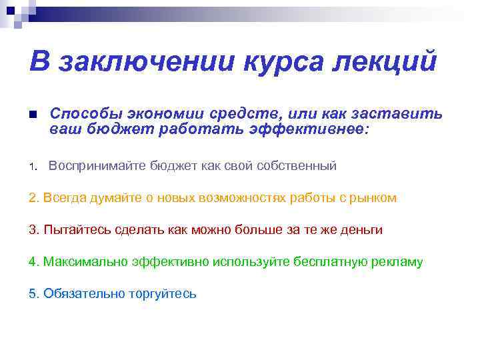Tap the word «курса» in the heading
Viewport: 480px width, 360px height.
click(x=275, y=61)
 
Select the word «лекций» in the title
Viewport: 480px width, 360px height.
click(x=383, y=61)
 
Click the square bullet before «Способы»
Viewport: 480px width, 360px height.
click(x=33, y=115)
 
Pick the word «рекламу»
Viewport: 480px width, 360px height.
click(x=397, y=262)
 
